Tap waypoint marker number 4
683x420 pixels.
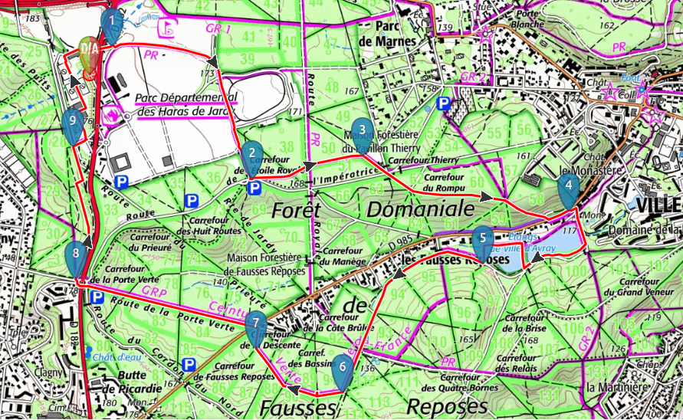568,189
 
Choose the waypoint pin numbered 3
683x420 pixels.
361,134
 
